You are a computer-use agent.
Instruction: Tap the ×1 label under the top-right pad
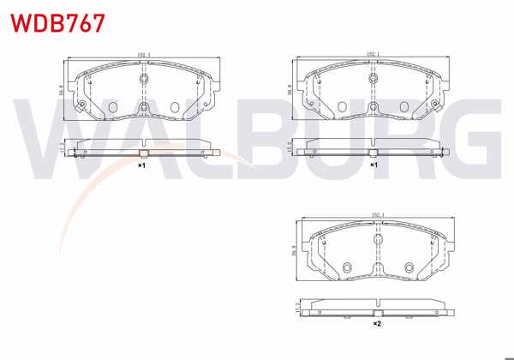[374, 165]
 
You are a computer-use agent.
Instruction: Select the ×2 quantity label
[376, 324]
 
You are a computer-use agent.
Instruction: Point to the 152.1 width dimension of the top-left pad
[144, 57]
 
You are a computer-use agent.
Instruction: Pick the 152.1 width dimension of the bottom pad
[377, 215]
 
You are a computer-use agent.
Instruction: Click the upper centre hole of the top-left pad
[144, 81]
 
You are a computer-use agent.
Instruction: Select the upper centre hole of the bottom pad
[377, 240]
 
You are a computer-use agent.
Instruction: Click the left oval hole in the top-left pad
[112, 107]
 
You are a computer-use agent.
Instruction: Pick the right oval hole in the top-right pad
[405, 107]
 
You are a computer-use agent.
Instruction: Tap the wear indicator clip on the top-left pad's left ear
[81, 106]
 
